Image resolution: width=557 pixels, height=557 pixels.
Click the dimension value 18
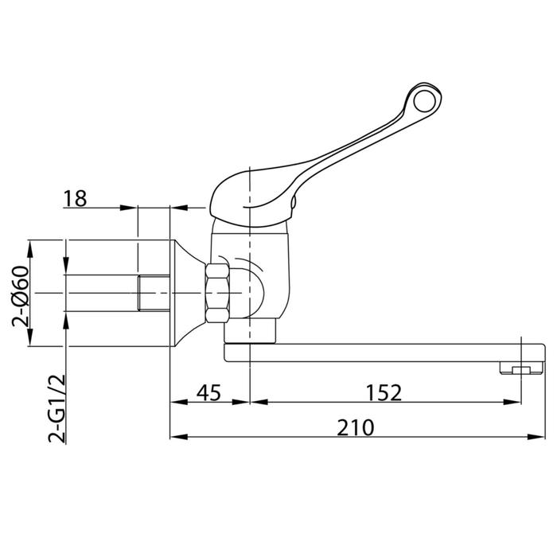coord(75,199)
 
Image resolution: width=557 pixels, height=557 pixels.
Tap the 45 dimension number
coord(208,392)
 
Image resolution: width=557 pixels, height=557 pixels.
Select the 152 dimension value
coord(384,392)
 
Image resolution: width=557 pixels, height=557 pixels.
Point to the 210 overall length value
coord(356,427)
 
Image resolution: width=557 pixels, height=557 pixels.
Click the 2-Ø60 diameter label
coord(20,296)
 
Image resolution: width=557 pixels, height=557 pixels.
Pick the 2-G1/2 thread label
coord(56,408)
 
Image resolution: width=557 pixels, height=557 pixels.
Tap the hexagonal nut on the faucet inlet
coord(217,293)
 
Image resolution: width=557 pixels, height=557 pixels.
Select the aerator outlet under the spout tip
coord(521,368)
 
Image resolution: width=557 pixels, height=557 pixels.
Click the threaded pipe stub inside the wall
coord(154,293)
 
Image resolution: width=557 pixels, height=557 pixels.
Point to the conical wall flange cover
coord(188,293)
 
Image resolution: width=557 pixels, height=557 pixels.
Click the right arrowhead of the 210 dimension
coord(536,437)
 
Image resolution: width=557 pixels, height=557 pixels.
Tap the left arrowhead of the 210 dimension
coord(179,437)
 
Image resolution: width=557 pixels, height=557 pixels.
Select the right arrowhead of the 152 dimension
coord(512,402)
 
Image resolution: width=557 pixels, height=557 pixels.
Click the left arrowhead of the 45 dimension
coord(179,402)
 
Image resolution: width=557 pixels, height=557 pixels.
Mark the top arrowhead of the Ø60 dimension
coord(30,249)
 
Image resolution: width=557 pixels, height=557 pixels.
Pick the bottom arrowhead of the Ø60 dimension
coord(30,337)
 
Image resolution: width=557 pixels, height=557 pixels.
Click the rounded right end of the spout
coord(543,353)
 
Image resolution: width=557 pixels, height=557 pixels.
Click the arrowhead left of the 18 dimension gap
coord(128,208)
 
